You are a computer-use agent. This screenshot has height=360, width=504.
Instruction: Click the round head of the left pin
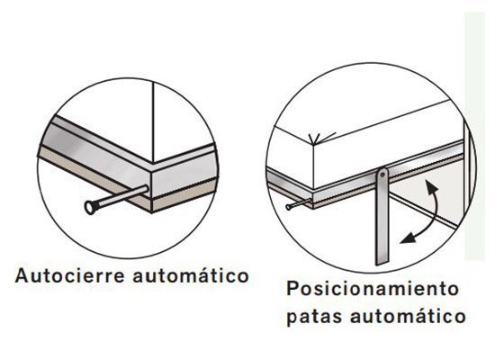tap(90, 207)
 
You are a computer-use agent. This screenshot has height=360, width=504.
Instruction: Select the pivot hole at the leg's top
tap(382, 173)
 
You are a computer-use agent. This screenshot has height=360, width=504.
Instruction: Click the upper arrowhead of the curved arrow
tap(430, 184)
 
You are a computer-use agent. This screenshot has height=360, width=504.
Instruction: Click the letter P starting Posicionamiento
tap(293, 290)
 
